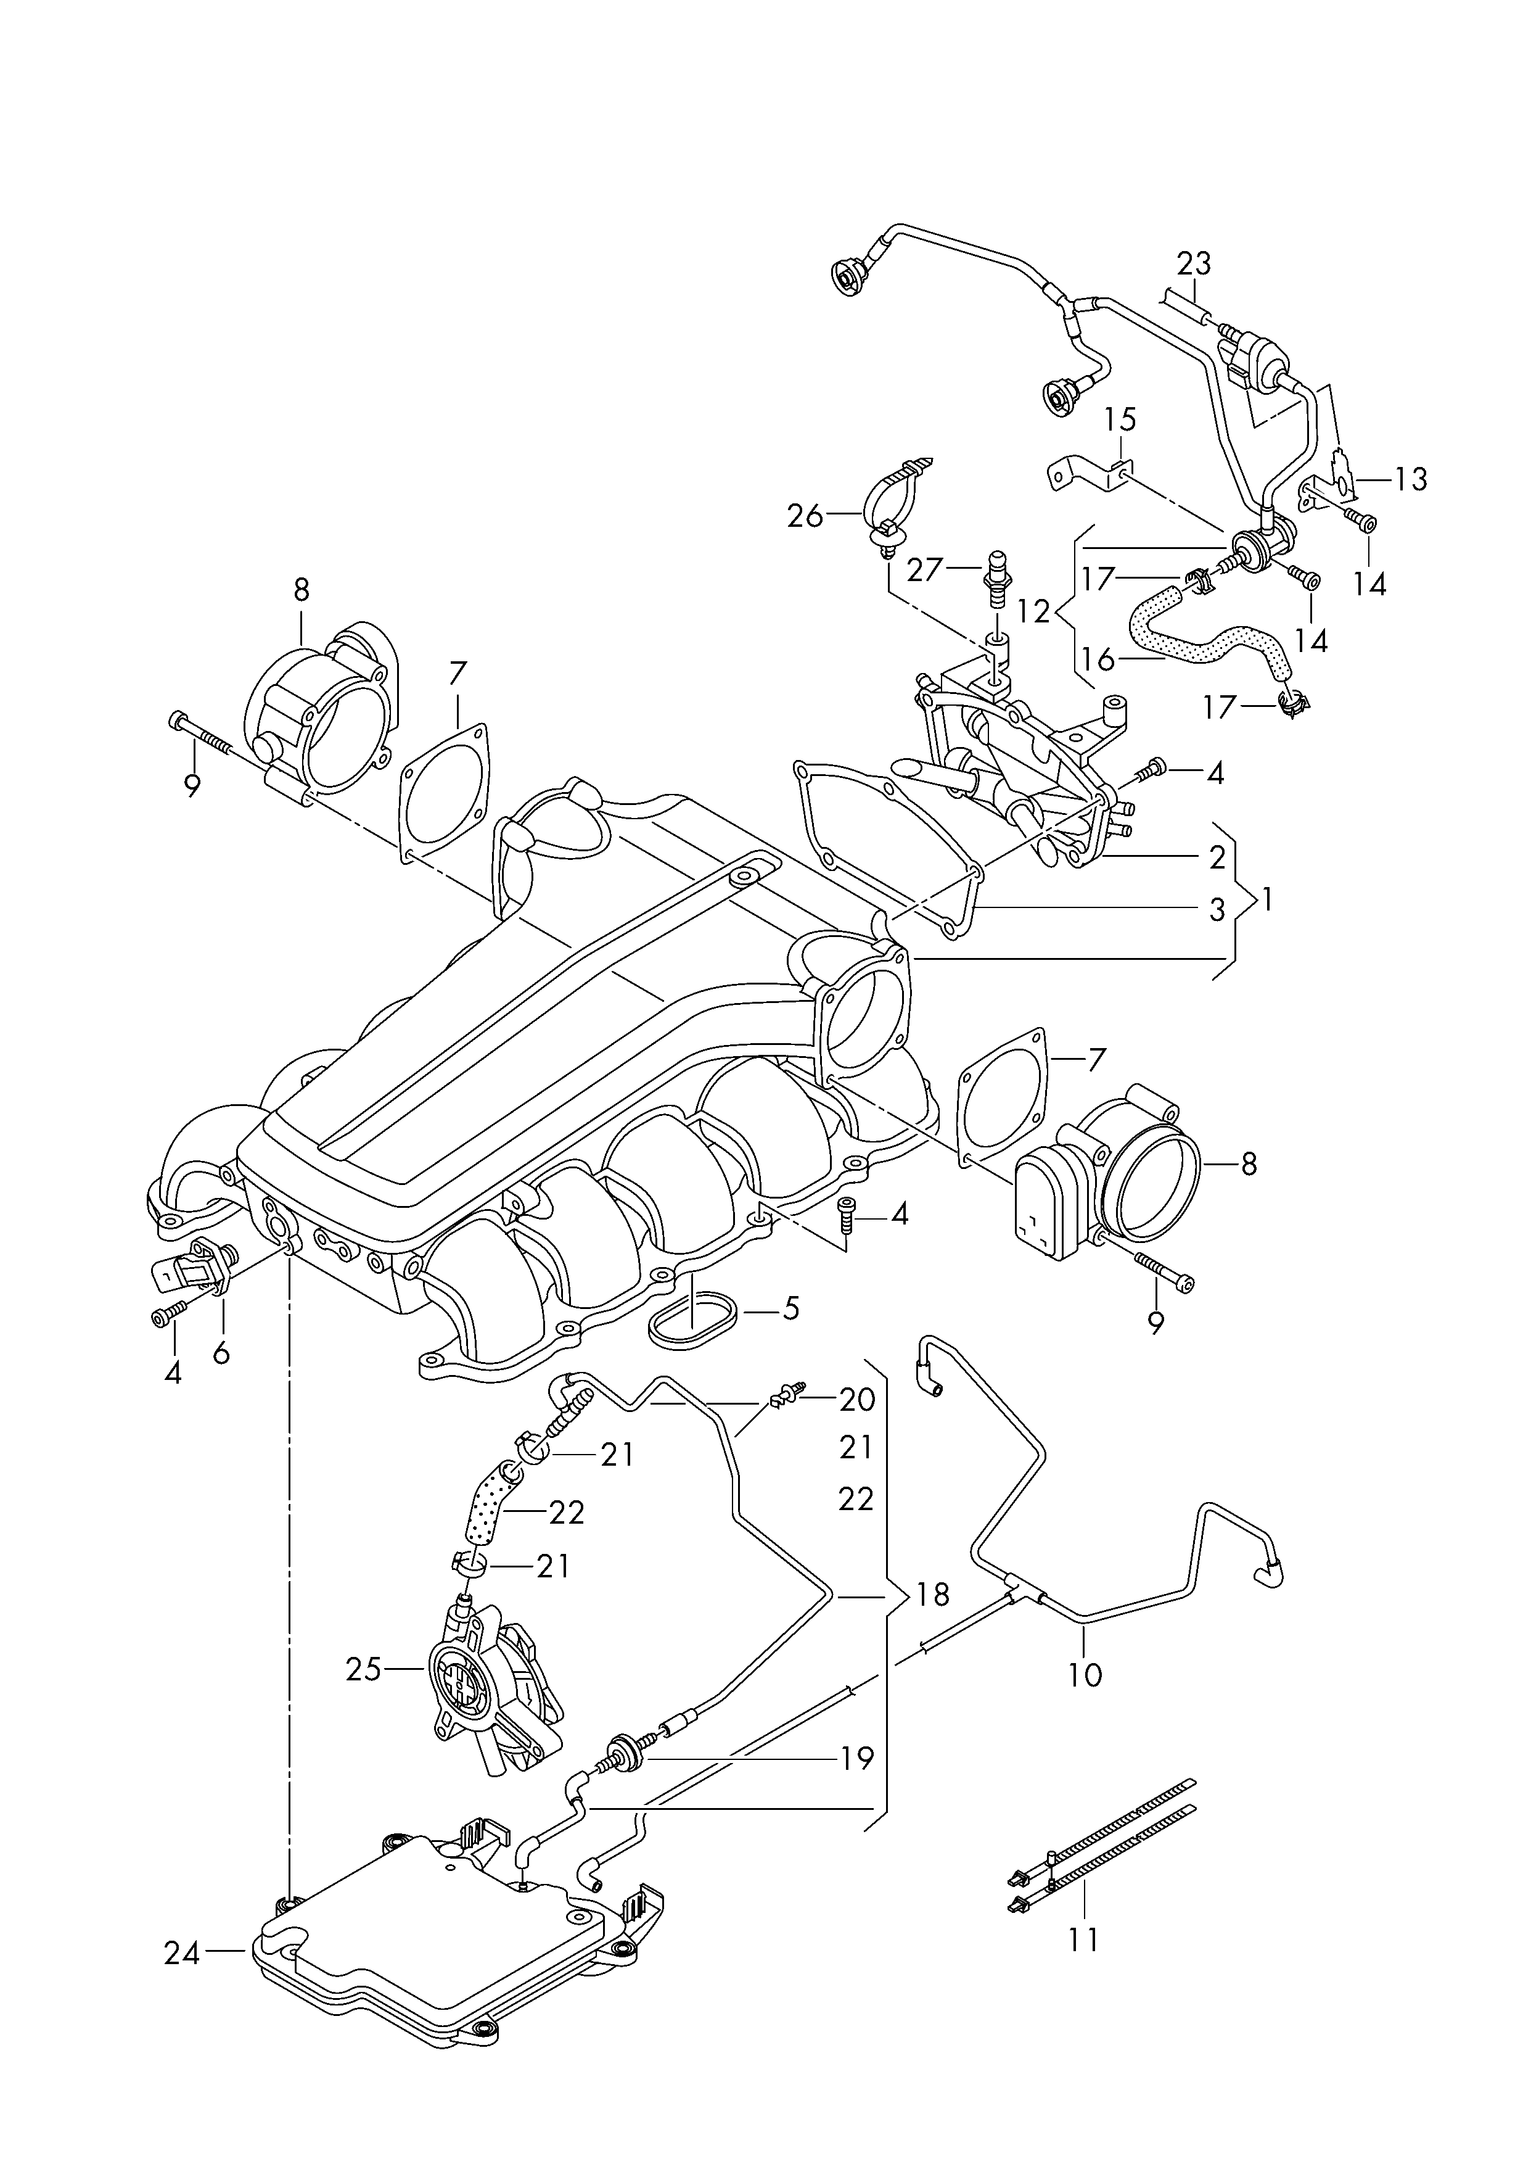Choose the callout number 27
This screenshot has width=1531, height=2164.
(926, 571)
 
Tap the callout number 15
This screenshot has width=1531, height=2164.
(1121, 419)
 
